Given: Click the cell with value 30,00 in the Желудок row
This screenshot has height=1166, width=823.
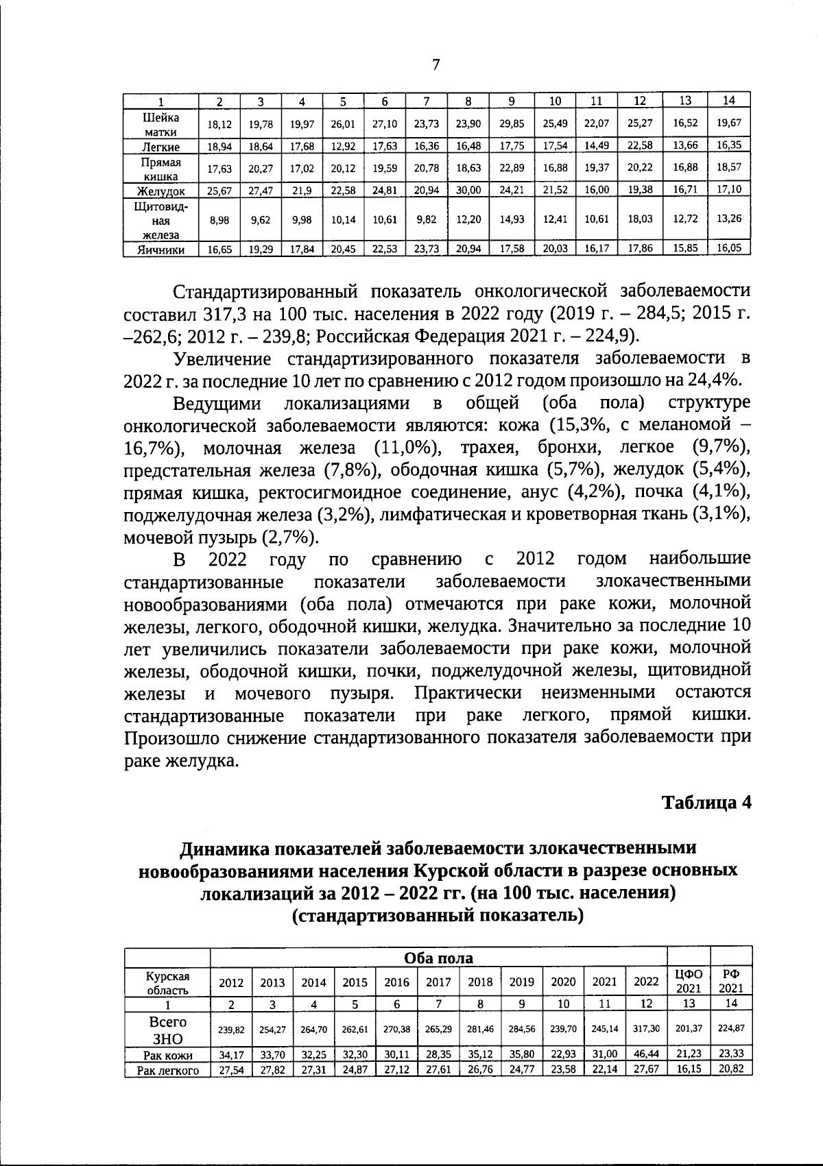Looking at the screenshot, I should [x=468, y=190].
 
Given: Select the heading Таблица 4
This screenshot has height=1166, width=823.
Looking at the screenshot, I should [x=706, y=803].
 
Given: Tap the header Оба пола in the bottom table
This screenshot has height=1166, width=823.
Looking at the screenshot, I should [x=438, y=958].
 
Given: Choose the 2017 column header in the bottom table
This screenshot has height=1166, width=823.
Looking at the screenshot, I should [x=438, y=982].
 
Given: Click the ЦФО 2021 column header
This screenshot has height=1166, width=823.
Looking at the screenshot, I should [x=689, y=982].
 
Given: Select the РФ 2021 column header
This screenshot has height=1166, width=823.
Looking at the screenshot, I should [x=731, y=982].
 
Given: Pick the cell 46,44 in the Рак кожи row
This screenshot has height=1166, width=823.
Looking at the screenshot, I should [x=645, y=1054].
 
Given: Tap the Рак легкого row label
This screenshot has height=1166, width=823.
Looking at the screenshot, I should [x=167, y=1070].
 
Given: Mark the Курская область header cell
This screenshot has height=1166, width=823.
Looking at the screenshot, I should [x=167, y=982].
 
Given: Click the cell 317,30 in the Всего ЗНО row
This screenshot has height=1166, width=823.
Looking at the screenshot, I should [x=645, y=1028].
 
